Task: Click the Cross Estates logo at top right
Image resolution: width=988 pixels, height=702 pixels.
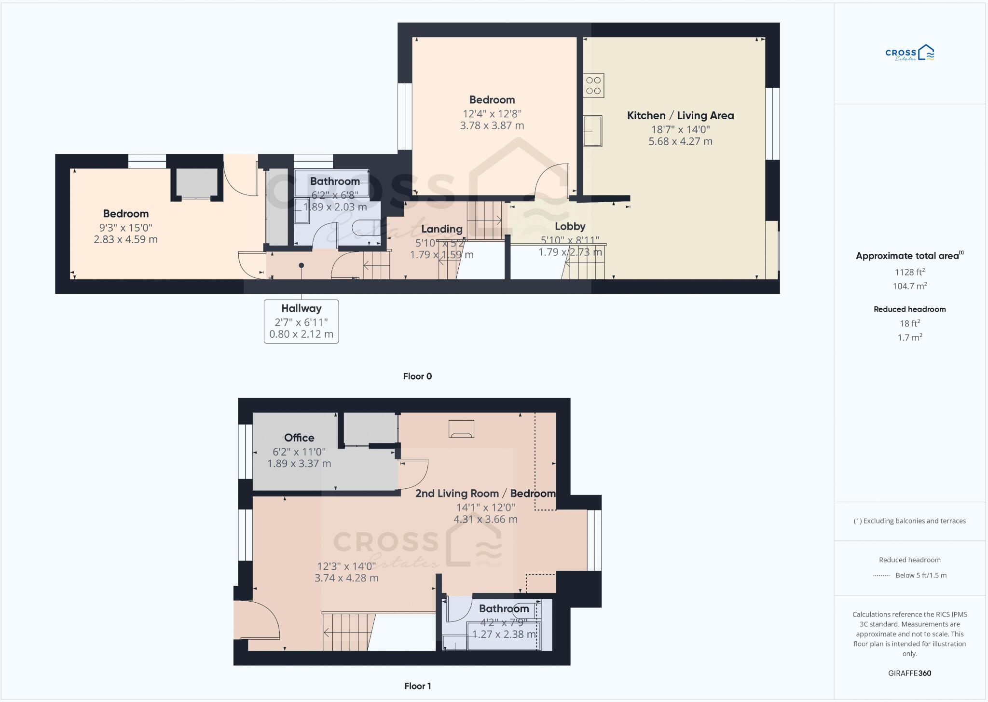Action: (909, 53)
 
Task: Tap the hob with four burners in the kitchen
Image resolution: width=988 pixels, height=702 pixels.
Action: (593, 86)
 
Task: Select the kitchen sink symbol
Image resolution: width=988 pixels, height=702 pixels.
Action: (593, 131)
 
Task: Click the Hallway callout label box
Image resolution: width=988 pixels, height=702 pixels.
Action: (301, 321)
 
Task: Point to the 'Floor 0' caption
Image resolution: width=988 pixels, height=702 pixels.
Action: (417, 376)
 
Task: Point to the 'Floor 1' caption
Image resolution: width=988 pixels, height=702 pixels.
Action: (417, 686)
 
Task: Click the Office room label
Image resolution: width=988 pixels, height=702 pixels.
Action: (299, 438)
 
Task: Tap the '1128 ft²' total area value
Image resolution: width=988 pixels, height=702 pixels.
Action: (909, 272)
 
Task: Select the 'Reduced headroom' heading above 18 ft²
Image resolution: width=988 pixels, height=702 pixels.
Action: (909, 309)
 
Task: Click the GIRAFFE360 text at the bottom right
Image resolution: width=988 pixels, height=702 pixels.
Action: (909, 673)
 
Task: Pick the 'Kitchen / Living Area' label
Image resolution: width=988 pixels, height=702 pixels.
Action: (680, 115)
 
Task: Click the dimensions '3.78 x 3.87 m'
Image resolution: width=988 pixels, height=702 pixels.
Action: (492, 125)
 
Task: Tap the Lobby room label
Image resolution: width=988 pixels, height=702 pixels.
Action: (570, 226)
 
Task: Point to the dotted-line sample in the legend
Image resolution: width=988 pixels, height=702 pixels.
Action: (881, 576)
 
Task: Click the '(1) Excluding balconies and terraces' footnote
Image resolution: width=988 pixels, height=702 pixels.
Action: (909, 521)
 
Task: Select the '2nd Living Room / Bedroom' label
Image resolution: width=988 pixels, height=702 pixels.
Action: (485, 494)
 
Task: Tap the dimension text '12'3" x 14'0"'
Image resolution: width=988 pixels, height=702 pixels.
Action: (346, 566)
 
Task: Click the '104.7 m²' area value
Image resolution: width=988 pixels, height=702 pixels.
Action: (909, 286)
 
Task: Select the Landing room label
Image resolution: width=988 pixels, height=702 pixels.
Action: (441, 229)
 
